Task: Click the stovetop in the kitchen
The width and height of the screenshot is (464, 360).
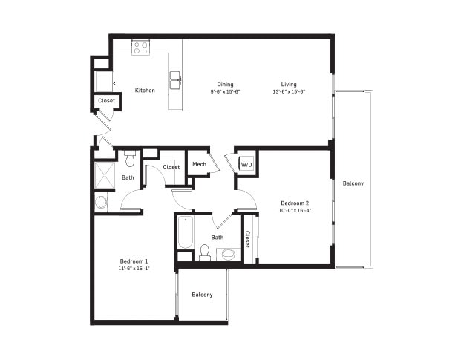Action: [x=140, y=48]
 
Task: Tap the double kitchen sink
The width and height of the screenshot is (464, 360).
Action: [x=175, y=80]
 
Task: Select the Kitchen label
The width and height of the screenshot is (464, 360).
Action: [x=145, y=91]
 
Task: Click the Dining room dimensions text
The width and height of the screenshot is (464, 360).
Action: [x=225, y=92]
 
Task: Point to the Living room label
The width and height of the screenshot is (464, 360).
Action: [x=289, y=85]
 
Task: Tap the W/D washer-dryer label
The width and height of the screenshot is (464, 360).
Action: [x=246, y=165]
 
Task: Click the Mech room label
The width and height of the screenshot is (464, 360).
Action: [x=199, y=164]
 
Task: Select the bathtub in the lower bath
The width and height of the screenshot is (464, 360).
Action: [x=186, y=232]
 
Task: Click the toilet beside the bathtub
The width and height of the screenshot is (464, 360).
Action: [x=204, y=252]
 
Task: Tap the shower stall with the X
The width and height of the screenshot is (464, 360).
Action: [x=105, y=176]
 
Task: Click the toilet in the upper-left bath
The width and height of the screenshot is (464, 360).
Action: [x=130, y=158]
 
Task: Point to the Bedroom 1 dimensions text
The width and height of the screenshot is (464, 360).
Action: [x=133, y=269]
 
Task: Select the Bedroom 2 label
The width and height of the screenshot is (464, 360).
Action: [x=295, y=203]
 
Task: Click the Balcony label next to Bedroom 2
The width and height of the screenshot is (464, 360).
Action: [x=353, y=183]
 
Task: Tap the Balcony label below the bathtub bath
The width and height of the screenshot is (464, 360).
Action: [x=202, y=295]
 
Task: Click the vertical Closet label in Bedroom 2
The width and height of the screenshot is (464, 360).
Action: [x=247, y=239]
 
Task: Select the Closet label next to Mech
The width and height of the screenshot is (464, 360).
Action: [x=171, y=167]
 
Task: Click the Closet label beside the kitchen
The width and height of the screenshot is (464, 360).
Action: [x=106, y=100]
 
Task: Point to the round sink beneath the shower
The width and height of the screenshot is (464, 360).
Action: [x=102, y=203]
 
